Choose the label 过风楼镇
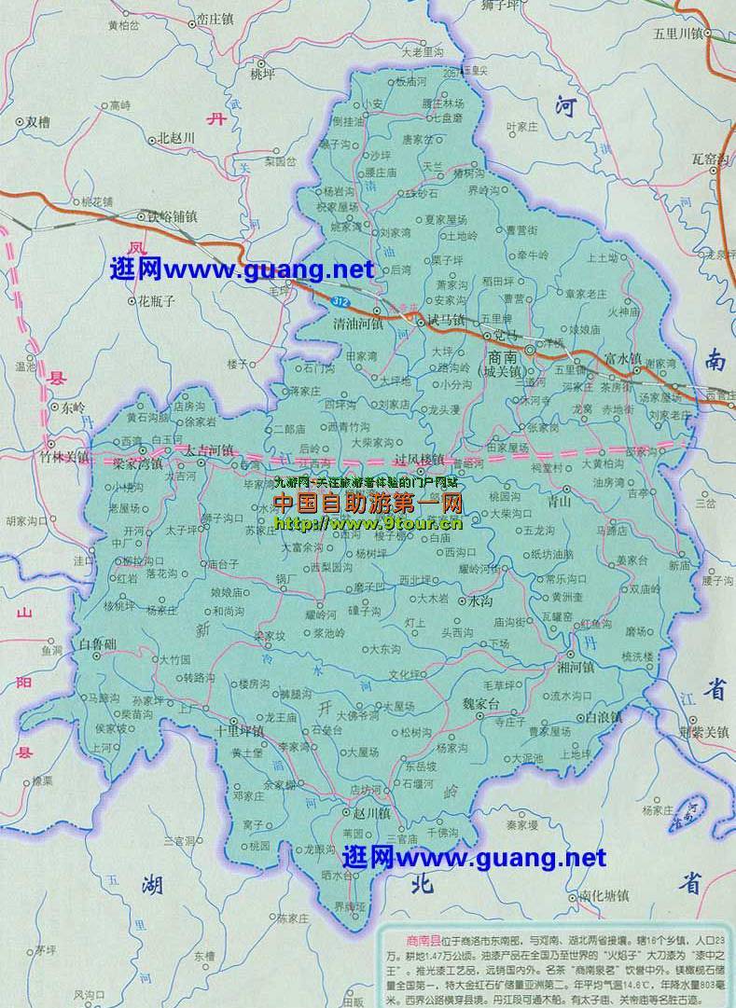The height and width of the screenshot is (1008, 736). pos(419,460)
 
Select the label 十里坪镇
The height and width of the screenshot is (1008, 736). pos(239,730)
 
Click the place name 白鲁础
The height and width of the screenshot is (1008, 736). pos(98,644)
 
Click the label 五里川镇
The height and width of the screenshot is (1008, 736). pos(681,34)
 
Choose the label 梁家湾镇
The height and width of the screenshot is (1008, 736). pos(138,462)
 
